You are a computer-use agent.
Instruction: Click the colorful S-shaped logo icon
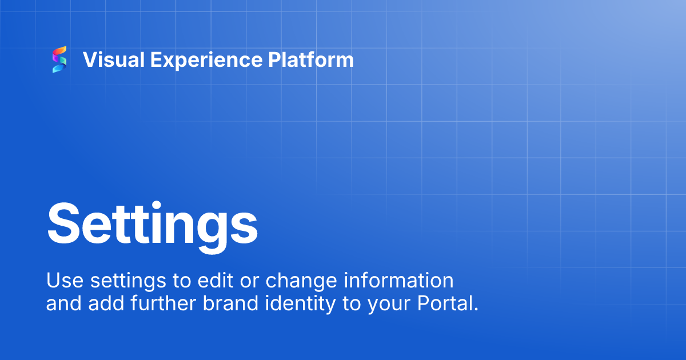click(59, 59)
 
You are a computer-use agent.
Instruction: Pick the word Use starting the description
click(60, 281)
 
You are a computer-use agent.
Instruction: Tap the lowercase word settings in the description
click(118, 281)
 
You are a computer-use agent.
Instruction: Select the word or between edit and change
click(240, 281)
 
